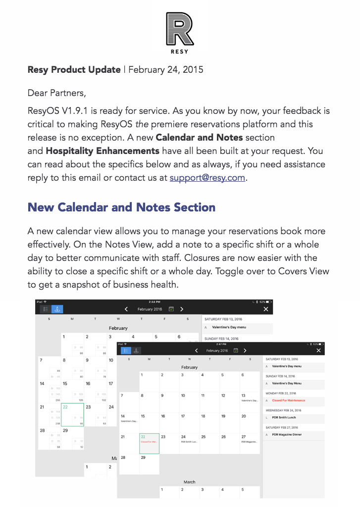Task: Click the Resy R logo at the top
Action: pos(180,30)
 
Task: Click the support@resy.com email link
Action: pos(207,178)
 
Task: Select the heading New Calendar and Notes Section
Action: pos(121,207)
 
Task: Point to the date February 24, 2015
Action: pos(166,70)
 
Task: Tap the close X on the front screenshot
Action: pos(318,351)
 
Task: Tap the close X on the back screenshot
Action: pos(266,309)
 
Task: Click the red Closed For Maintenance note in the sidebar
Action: pos(288,401)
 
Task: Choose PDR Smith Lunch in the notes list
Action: pos(284,417)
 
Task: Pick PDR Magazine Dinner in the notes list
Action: pos(287,435)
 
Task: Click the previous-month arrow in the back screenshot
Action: pos(126,309)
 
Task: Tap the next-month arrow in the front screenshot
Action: pos(245,351)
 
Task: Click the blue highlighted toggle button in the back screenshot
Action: pos(57,309)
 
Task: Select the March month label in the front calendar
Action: pos(189,482)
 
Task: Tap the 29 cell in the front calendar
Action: pos(149,463)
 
